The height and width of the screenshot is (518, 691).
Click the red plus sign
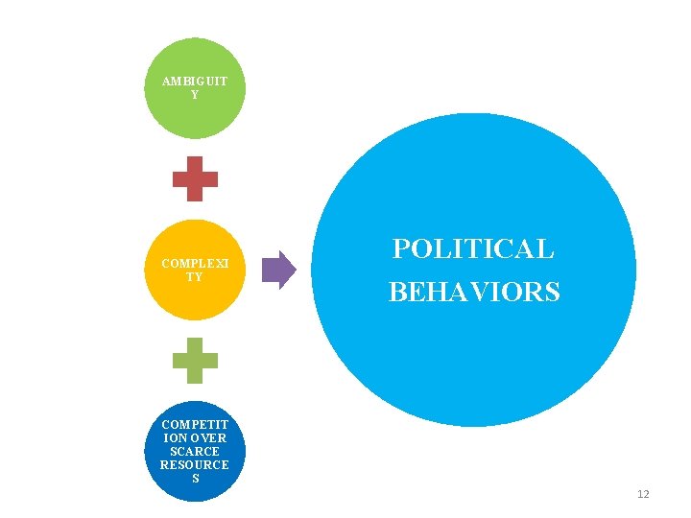(x=195, y=178)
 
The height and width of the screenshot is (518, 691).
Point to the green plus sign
(x=195, y=361)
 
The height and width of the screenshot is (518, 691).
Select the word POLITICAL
(x=473, y=249)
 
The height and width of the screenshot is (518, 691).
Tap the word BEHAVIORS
(x=473, y=292)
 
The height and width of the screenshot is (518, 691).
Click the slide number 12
(x=643, y=494)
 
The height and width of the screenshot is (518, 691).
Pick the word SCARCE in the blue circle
(x=195, y=451)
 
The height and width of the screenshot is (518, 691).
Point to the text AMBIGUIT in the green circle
(x=195, y=82)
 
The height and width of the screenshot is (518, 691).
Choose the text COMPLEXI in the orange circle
(x=195, y=263)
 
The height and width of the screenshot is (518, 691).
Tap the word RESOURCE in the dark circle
(x=195, y=464)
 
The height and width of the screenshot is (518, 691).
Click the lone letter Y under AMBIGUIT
(x=195, y=95)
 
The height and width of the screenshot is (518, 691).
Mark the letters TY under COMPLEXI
(x=195, y=276)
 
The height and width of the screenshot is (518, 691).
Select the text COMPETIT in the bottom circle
(x=195, y=424)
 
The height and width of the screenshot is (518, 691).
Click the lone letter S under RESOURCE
(x=195, y=478)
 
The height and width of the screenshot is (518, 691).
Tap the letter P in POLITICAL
(x=400, y=249)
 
